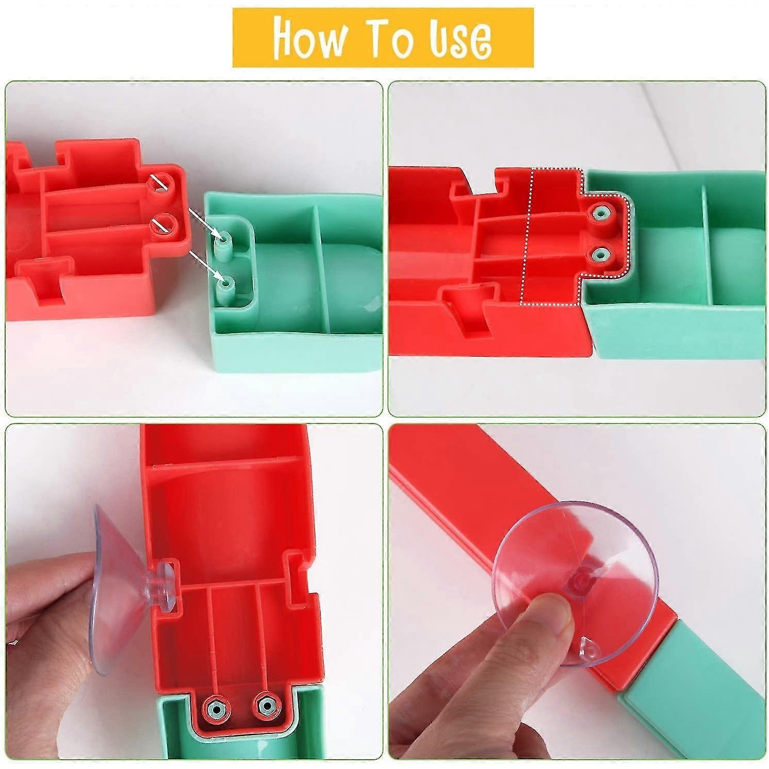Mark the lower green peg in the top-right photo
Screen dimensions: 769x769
click(600, 254)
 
